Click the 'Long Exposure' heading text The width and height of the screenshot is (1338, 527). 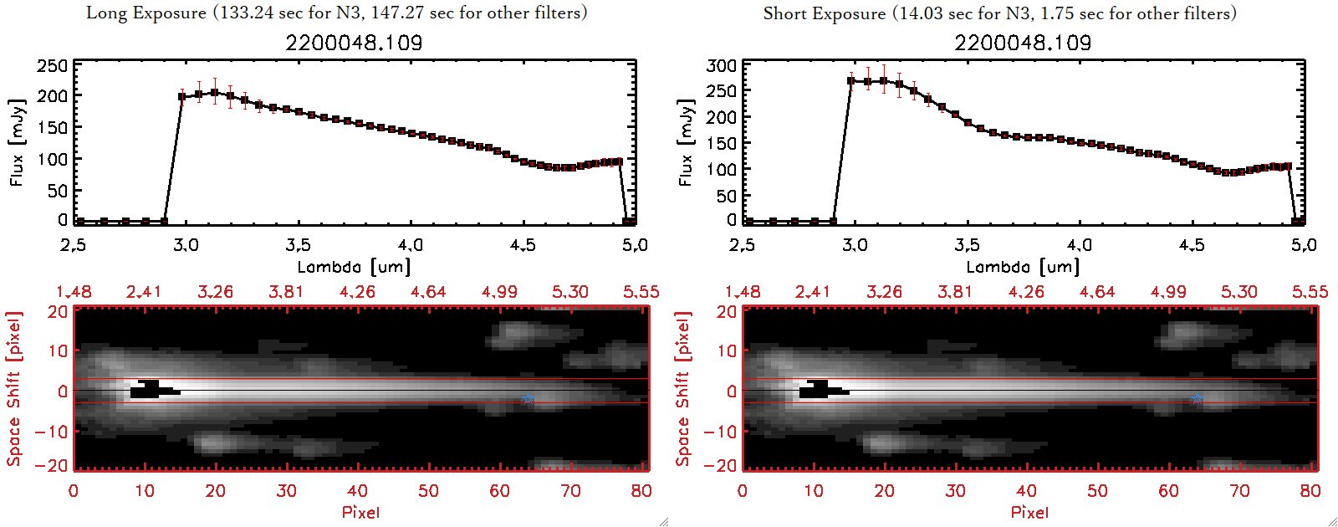point(146,13)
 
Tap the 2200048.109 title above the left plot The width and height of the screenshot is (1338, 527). point(354,43)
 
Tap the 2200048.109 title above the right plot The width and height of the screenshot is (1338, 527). point(1023,43)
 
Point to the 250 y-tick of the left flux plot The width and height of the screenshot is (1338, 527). point(53,66)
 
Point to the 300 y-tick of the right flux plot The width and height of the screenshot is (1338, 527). point(722,66)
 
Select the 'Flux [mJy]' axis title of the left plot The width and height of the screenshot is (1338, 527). point(18,142)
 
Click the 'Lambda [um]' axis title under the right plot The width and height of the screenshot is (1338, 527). point(1023,267)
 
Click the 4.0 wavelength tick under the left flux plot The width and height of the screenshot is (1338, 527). point(411,245)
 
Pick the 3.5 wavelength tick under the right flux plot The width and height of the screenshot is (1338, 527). point(967,245)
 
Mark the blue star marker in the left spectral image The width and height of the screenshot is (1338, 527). point(528,399)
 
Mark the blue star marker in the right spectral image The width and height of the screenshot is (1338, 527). point(1197,399)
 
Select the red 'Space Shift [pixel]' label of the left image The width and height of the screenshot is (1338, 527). point(14,389)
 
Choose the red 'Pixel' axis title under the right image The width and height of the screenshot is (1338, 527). point(1029,512)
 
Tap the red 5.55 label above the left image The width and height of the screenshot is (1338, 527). point(641,292)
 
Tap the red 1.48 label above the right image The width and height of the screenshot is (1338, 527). point(743,292)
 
